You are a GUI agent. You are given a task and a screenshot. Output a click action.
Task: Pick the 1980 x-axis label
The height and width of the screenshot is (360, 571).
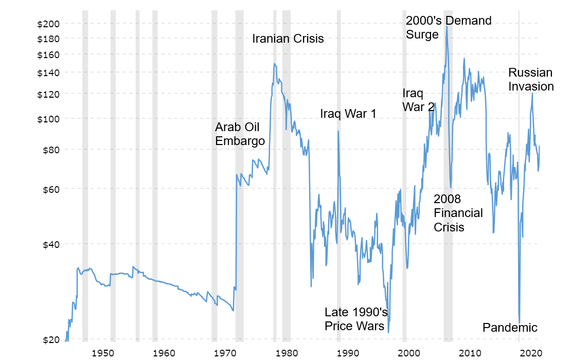tap(287, 353)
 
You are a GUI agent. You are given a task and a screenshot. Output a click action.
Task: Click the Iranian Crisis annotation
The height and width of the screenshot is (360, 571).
tap(288, 39)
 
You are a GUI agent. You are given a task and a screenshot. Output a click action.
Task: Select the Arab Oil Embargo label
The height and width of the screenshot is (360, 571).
tap(240, 134)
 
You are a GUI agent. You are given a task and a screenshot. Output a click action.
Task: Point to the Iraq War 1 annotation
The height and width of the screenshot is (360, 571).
tap(348, 114)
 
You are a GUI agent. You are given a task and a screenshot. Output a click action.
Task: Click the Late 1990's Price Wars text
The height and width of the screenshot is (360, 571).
tap(355, 319)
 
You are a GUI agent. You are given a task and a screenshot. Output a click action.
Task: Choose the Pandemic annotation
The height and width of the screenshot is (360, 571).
tap(510, 328)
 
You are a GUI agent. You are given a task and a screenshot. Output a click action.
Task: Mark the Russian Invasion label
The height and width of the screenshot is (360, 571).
tap(531, 79)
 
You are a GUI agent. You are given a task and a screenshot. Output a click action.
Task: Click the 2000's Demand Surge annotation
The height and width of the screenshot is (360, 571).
tap(449, 27)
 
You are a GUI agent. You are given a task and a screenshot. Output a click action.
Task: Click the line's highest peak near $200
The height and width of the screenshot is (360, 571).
tap(447, 26)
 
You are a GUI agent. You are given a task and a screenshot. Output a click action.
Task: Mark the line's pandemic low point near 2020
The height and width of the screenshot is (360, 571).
tap(520, 322)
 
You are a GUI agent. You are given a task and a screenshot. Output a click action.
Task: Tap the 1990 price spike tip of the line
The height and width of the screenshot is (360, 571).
tap(338, 131)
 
